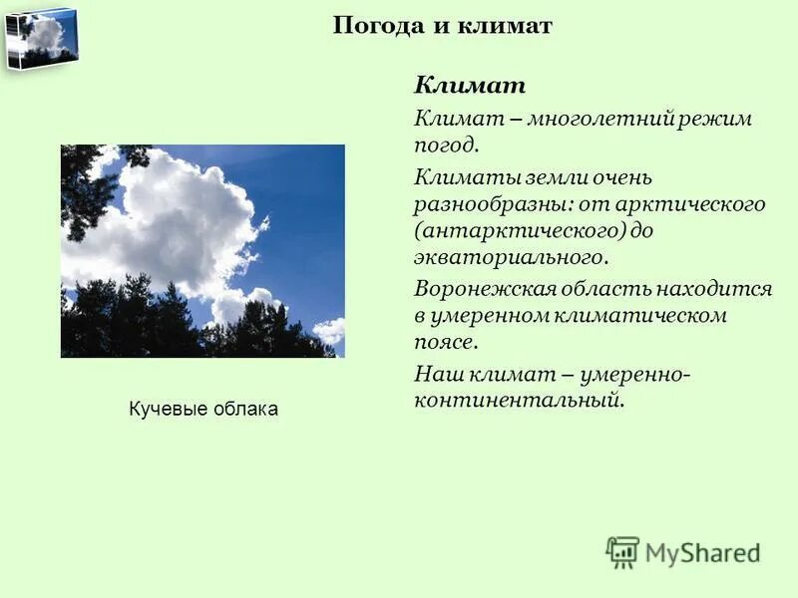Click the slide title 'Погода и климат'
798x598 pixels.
pos(442,26)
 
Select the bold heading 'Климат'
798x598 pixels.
pos(469,85)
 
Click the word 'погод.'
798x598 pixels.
pos(447,146)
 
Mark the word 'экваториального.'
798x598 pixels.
pos(510,257)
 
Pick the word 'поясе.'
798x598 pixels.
pos(447,342)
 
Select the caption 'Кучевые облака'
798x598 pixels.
pos(203,409)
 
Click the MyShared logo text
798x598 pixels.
pos(702,552)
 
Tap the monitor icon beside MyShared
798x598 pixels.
pos(622,552)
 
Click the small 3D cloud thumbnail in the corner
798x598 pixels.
pos(41,37)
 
